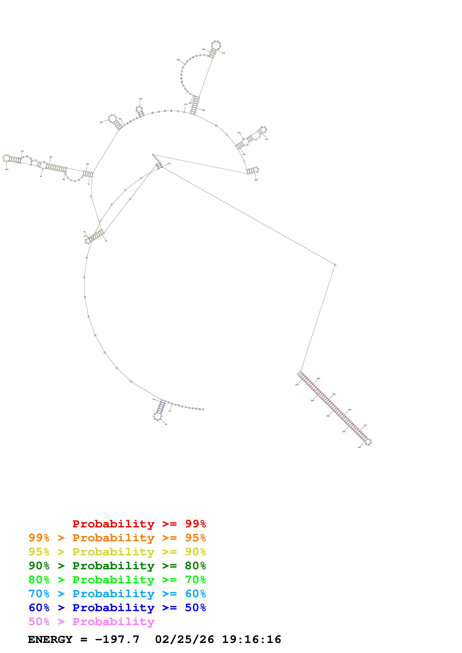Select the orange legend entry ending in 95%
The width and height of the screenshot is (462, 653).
click(117, 538)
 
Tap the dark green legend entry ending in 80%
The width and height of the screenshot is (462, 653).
click(117, 566)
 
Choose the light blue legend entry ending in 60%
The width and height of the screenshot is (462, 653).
click(117, 594)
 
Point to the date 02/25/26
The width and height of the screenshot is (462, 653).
click(185, 639)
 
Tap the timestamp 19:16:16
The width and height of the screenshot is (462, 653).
click(251, 639)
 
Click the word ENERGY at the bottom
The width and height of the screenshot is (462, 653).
click(50, 639)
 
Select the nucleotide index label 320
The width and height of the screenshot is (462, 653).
click(359, 447)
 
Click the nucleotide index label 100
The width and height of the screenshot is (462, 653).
click(7, 170)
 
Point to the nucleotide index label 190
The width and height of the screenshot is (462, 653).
click(178, 60)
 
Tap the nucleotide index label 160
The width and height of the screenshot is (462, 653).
click(140, 99)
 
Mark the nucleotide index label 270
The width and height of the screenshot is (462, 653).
click(169, 164)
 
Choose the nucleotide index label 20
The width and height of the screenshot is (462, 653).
click(166, 424)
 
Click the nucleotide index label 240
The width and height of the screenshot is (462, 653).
click(267, 139)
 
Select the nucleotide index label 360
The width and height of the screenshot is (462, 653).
click(297, 385)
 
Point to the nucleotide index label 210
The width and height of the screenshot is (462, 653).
click(223, 53)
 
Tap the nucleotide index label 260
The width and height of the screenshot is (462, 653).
click(256, 180)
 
